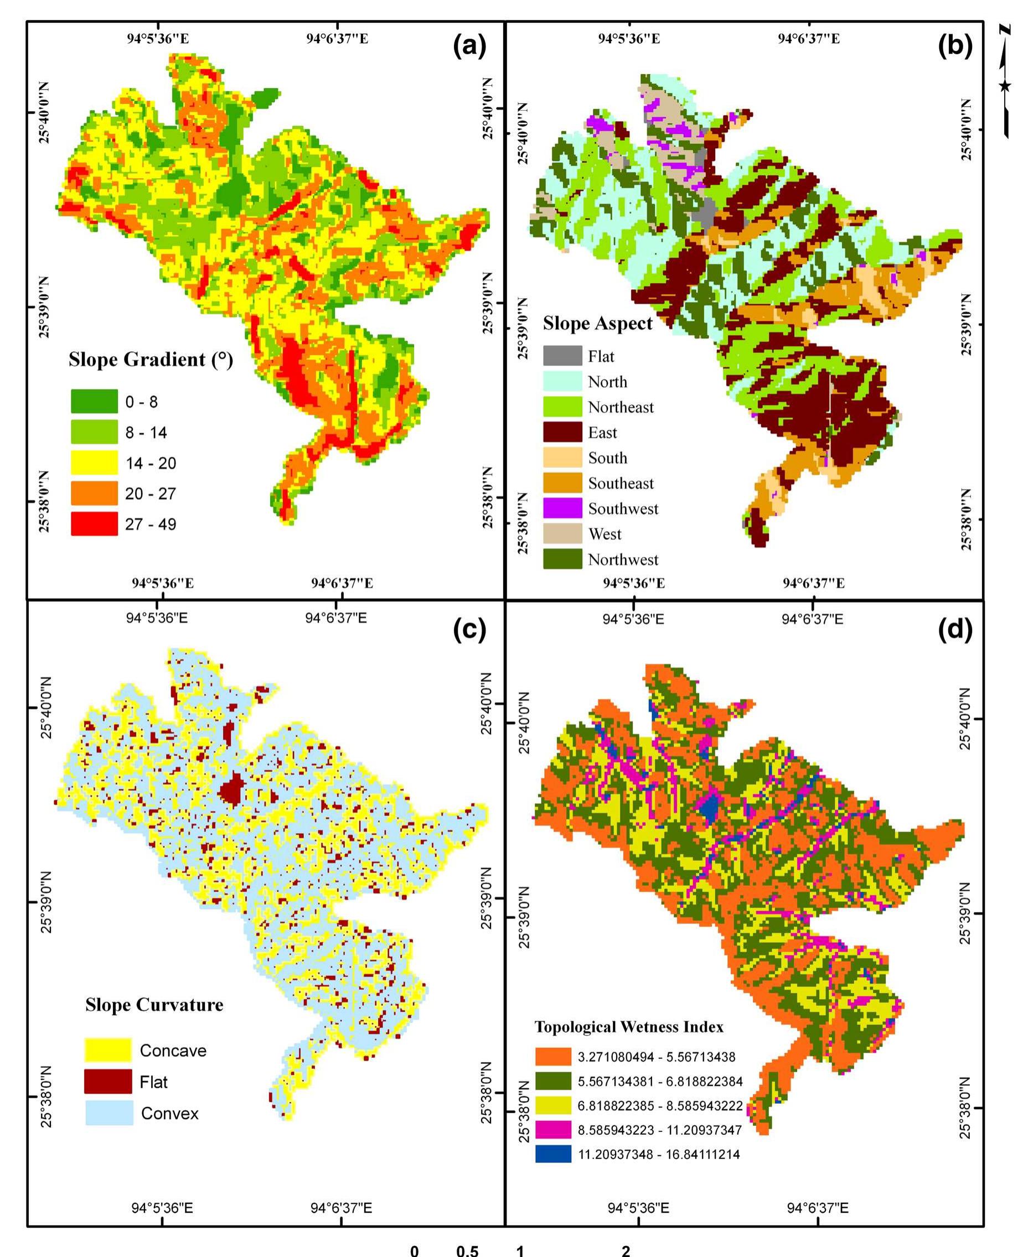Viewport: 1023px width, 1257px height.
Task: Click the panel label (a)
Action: pyautogui.click(x=469, y=46)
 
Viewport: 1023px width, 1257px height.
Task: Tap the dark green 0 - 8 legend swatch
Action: pyautogui.click(x=94, y=401)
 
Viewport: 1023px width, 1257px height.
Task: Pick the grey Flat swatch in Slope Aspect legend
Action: pyautogui.click(x=562, y=356)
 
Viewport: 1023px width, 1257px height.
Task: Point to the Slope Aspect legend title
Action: pyautogui.click(x=597, y=324)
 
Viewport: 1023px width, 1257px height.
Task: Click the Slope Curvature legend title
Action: pyautogui.click(x=154, y=1004)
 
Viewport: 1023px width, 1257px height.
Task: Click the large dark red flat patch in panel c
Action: pyautogui.click(x=231, y=789)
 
